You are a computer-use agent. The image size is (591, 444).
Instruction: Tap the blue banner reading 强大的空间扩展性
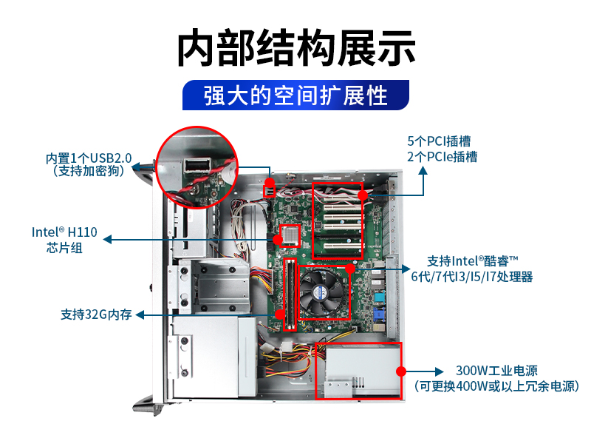tap(295, 95)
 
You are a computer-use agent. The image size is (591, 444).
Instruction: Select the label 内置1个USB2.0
tap(89, 158)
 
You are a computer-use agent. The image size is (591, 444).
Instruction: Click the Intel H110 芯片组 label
tap(64, 239)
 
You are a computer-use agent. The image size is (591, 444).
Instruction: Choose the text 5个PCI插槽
tap(440, 141)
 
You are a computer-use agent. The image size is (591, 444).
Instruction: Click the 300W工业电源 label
tap(496, 371)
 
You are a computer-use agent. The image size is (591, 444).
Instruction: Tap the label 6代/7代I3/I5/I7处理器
tap(472, 277)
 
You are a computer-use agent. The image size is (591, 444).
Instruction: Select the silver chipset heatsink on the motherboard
tap(290, 233)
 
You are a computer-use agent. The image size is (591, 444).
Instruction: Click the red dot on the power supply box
tap(400, 371)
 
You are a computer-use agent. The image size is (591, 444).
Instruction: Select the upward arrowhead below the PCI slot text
tap(423, 169)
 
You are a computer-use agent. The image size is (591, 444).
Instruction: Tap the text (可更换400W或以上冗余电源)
tap(496, 386)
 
